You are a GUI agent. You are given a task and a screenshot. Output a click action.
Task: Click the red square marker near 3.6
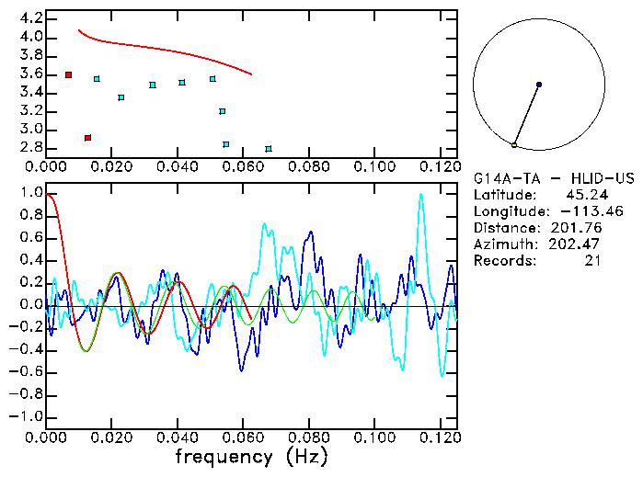[68, 74]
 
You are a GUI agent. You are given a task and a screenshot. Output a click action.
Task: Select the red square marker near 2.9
[87, 138]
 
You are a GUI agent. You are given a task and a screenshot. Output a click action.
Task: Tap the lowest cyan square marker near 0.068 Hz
[268, 149]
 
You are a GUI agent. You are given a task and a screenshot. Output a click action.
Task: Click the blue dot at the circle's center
[539, 85]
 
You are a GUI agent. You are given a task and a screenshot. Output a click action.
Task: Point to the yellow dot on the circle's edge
[514, 145]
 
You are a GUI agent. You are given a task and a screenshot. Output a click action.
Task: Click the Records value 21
[592, 261]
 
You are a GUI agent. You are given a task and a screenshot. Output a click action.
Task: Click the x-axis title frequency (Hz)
[251, 457]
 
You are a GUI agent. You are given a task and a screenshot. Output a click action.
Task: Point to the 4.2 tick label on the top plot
[29, 18]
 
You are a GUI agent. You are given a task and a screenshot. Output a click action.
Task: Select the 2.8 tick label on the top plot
[29, 148]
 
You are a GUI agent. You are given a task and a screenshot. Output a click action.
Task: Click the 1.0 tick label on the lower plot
[29, 193]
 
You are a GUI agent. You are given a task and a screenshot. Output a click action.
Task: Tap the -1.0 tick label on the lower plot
[27, 416]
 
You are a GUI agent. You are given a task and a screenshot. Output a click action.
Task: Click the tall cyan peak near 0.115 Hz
[420, 195]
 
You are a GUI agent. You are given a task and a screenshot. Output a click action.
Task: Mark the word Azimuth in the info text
[502, 244]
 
